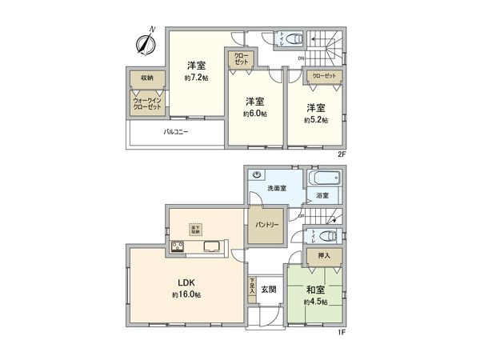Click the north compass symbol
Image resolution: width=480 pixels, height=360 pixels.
point(145,44)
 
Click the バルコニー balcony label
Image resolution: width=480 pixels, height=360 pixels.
point(176,131)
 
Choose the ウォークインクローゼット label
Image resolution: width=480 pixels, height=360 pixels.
point(146,105)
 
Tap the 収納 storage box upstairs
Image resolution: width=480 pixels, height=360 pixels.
point(147,78)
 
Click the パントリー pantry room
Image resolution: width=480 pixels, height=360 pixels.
point(267,225)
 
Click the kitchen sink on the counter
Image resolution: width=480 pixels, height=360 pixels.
point(213,246)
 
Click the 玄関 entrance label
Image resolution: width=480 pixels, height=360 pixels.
point(268,289)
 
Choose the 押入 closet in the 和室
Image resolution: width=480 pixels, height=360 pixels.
point(314,255)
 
